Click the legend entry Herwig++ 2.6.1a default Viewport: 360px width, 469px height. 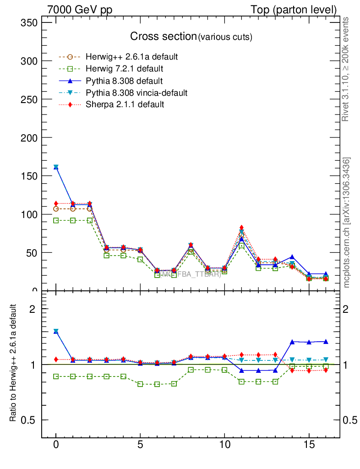pyautogui.click(x=131, y=57)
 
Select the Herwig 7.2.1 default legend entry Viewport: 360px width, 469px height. pyautogui.click(x=124, y=69)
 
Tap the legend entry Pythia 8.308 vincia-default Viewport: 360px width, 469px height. pyautogui.click(x=136, y=93)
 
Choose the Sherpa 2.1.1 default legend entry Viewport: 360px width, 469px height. pyautogui.click(x=125, y=104)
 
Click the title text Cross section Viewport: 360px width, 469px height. pyautogui.click(x=163, y=37)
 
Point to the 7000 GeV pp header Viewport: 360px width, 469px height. pyautogui.click(x=79, y=10)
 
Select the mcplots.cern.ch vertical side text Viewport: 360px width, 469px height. pyautogui.click(x=347, y=223)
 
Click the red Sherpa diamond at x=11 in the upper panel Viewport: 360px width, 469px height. pyautogui.click(x=241, y=228)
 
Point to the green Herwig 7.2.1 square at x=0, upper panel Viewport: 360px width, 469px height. pyautogui.click(x=56, y=220)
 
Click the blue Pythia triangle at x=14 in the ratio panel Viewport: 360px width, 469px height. pyautogui.click(x=292, y=342)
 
